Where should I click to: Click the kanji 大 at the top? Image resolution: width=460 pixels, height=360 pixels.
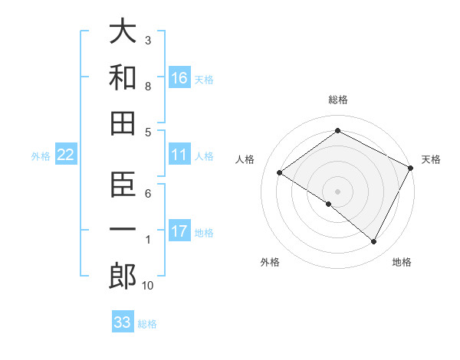123,31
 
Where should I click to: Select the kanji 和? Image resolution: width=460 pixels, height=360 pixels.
123,78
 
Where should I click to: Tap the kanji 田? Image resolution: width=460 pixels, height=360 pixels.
123,124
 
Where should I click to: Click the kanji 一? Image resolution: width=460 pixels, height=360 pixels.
123,231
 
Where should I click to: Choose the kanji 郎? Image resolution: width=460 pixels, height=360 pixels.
123,277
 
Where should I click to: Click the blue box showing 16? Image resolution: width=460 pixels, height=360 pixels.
179,78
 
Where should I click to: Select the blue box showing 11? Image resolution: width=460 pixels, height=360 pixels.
179,155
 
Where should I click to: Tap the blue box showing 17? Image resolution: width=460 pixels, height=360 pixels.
179,232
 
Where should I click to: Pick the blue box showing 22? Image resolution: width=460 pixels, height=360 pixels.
66,155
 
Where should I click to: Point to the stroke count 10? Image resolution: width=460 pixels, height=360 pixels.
147,286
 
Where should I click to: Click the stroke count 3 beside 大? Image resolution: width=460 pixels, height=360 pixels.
148,39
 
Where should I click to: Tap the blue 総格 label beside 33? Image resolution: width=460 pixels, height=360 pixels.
147,324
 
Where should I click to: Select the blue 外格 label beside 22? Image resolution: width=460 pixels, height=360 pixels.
41,156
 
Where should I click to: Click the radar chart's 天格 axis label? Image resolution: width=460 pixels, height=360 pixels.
431,159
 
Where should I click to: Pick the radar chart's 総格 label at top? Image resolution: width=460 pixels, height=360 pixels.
337,100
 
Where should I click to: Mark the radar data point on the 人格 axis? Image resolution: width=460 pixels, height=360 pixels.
280,172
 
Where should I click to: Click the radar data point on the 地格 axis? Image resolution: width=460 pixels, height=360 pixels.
374,242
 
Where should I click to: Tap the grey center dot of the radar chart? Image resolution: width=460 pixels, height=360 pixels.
337,191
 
